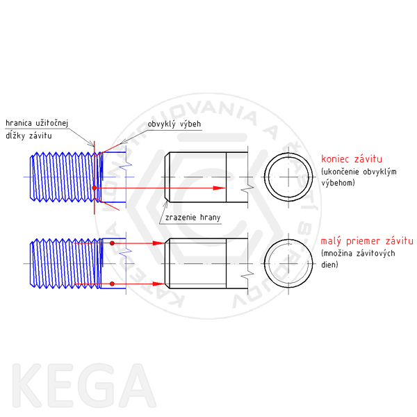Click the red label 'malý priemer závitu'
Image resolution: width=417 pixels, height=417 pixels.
pyautogui.click(x=366, y=241)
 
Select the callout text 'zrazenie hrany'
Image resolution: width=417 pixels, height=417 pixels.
pyautogui.click(x=193, y=218)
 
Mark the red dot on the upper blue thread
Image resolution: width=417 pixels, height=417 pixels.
pyautogui.click(x=94, y=188)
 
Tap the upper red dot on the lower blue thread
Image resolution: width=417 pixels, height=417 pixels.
pyautogui.click(x=111, y=243)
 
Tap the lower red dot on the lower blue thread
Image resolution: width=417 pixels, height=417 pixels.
pyautogui.click(x=111, y=284)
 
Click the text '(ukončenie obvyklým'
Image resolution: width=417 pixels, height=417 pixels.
pyautogui.click(x=359, y=172)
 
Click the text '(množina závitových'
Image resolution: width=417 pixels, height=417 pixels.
pyautogui.click(x=358, y=254)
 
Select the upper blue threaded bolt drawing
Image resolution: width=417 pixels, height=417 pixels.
pyautogui.click(x=63, y=179)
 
